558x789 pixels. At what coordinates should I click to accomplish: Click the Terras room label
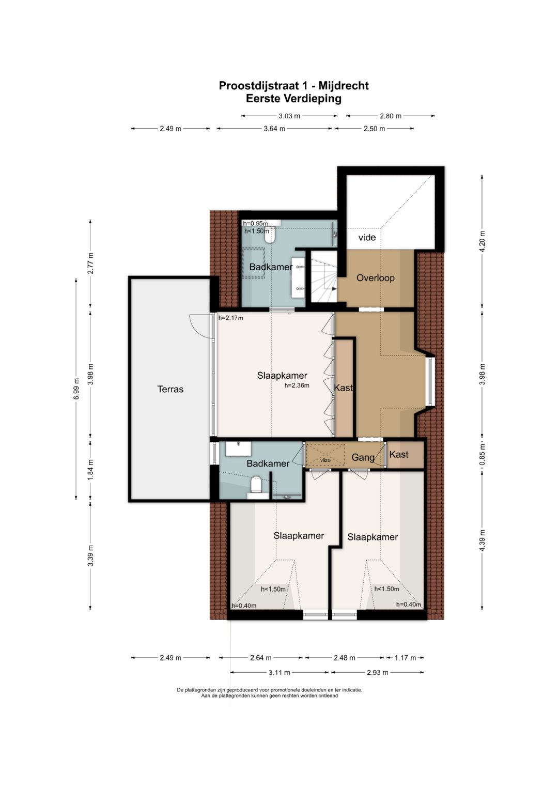click(x=170, y=389)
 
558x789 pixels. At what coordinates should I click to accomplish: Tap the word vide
click(x=367, y=237)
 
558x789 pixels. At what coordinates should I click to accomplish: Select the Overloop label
click(x=375, y=278)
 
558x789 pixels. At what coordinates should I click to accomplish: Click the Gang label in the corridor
click(x=363, y=458)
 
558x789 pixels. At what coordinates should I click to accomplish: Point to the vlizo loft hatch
click(x=325, y=455)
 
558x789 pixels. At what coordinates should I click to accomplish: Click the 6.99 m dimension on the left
click(x=76, y=389)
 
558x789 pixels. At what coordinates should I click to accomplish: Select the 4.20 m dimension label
click(x=482, y=241)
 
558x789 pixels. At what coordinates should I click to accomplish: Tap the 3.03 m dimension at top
click(x=289, y=116)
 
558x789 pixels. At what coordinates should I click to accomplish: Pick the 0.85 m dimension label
click(x=482, y=454)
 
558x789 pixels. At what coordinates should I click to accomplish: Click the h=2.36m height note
click(x=297, y=385)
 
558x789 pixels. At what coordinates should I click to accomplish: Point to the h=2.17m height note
click(x=230, y=318)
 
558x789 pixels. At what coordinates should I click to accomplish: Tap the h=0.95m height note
click(x=255, y=223)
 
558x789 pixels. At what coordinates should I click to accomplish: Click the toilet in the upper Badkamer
click(x=270, y=236)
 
